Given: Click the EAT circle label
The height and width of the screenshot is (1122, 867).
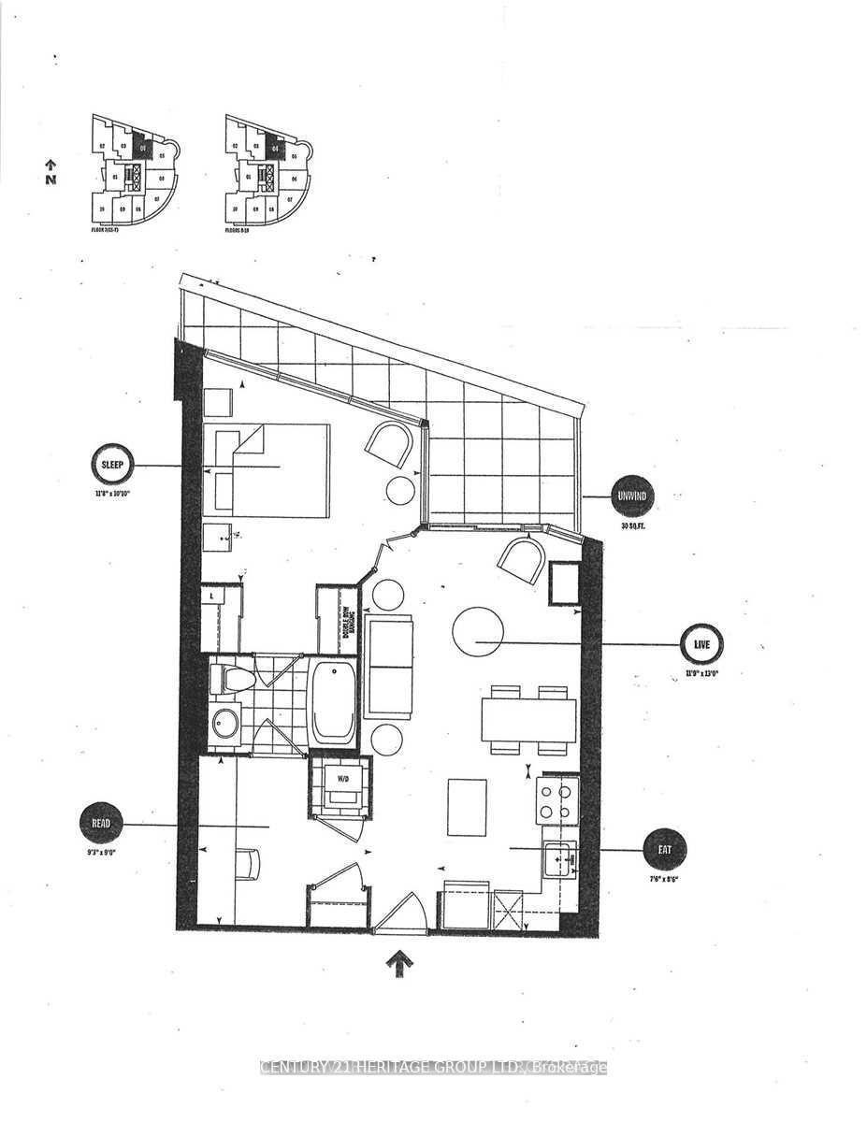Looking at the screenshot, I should click(664, 850).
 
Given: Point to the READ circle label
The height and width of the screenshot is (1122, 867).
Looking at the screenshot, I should click(102, 824).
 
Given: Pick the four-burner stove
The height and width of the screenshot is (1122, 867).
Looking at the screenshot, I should click(557, 799).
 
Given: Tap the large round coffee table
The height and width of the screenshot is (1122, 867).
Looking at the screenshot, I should click(477, 632).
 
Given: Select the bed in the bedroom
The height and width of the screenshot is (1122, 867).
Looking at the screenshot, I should click(267, 469).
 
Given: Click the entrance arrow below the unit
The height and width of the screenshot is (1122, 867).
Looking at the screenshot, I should click(398, 963).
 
